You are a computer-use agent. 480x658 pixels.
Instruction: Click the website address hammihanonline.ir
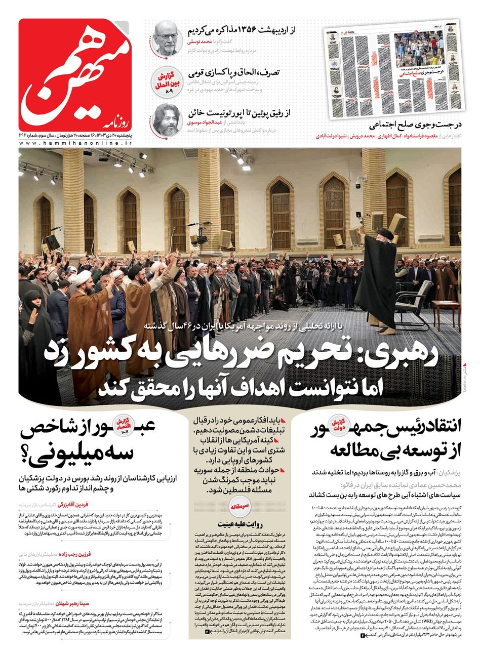click(76, 144)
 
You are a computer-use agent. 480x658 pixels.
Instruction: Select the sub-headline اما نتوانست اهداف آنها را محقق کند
click(244, 387)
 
